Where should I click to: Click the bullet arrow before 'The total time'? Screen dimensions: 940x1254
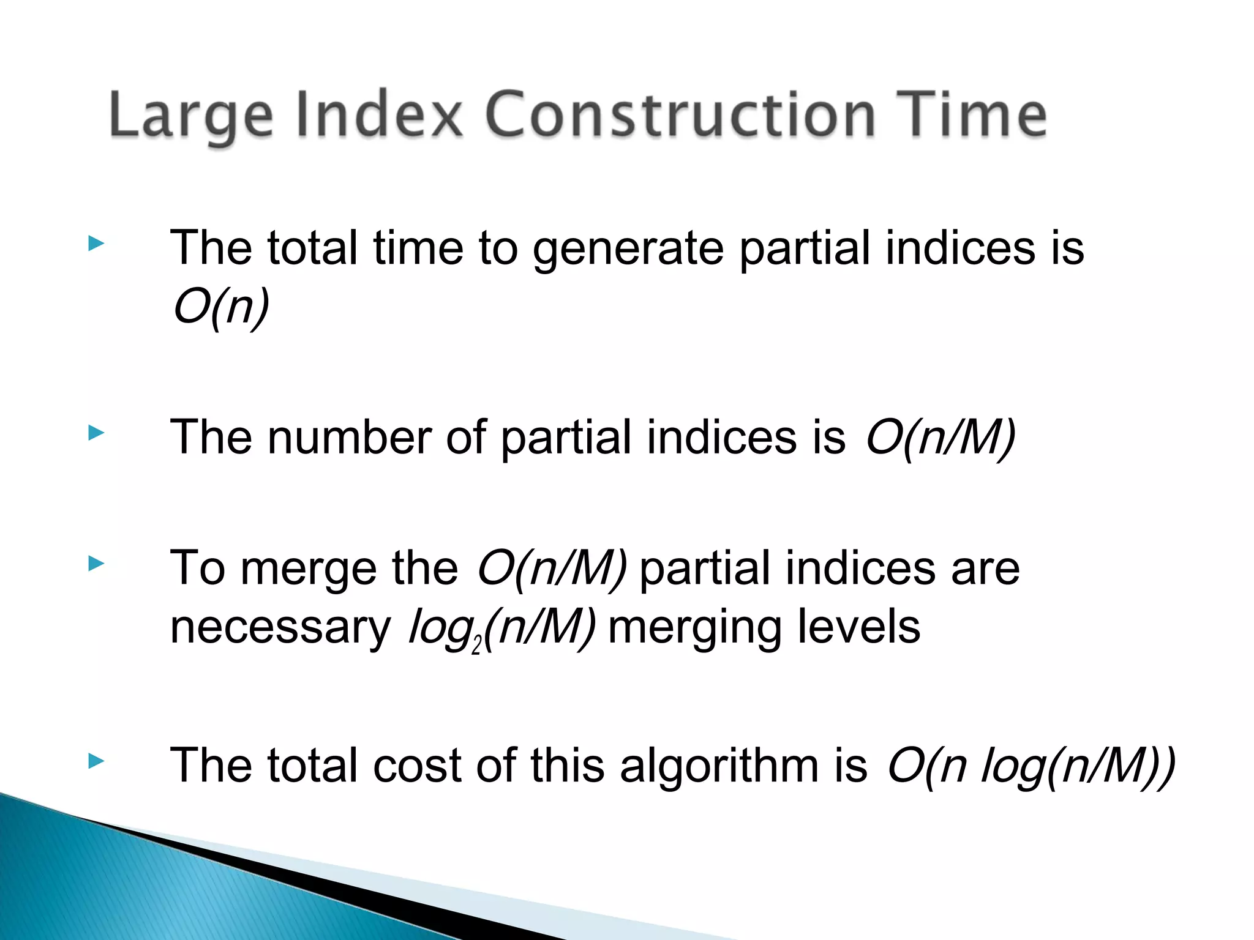click(x=96, y=244)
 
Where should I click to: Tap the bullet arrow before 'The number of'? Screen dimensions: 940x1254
click(x=96, y=433)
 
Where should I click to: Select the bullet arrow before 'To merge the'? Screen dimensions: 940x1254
click(x=96, y=564)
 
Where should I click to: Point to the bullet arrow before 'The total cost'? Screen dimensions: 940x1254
click(x=96, y=761)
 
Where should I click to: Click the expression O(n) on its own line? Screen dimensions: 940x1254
click(x=220, y=307)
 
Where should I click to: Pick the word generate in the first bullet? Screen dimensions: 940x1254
click(x=628, y=248)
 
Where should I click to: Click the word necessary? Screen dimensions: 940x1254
click(x=280, y=629)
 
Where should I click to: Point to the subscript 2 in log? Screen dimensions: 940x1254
click(x=477, y=646)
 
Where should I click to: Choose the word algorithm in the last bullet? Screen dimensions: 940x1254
click(x=719, y=766)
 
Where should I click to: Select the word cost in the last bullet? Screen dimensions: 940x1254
click(x=416, y=766)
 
